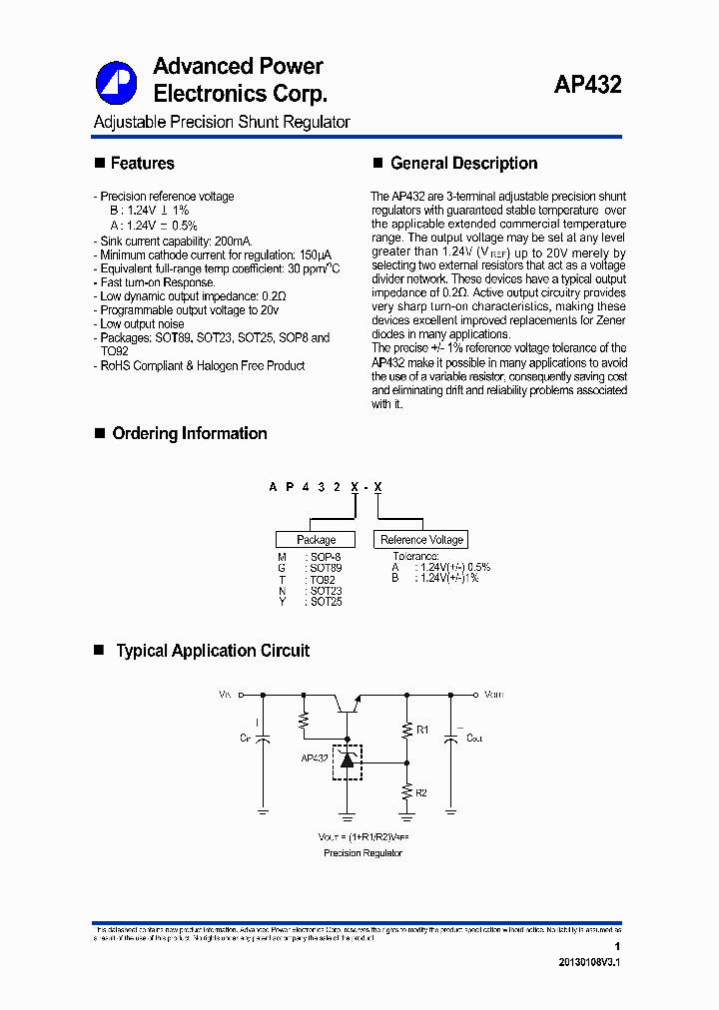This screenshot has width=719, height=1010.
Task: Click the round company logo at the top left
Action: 116,83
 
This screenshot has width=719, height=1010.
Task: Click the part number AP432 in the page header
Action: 587,86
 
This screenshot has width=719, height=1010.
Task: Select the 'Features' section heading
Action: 142,164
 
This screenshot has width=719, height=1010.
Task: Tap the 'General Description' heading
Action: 463,164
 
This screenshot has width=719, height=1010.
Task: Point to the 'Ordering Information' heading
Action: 189,434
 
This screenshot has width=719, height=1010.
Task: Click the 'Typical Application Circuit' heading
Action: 213,651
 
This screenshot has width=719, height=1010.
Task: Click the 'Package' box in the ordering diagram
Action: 316,540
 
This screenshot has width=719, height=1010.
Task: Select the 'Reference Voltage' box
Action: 421,540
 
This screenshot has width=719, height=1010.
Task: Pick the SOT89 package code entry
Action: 326,568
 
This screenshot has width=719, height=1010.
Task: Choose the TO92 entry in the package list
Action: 323,580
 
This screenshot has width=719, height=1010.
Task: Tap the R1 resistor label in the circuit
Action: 421,731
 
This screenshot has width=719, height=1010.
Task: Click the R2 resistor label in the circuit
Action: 421,792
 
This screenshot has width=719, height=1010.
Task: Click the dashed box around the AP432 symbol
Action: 347,761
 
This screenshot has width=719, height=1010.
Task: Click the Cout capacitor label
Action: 474,739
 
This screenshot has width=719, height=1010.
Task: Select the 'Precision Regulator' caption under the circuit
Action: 362,853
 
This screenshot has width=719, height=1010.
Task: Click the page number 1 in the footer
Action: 618,946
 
